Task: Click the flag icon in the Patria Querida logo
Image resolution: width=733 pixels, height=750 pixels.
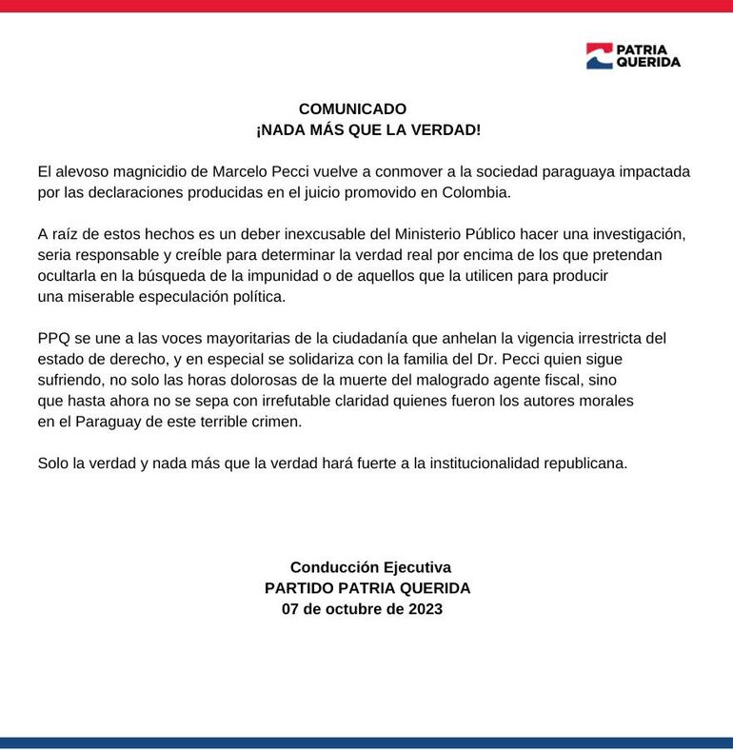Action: click(x=598, y=56)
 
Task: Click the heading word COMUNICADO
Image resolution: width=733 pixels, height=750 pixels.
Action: click(x=352, y=109)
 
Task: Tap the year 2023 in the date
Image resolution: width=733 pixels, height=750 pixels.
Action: click(x=424, y=609)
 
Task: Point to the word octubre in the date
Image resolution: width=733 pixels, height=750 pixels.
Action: click(x=351, y=609)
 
